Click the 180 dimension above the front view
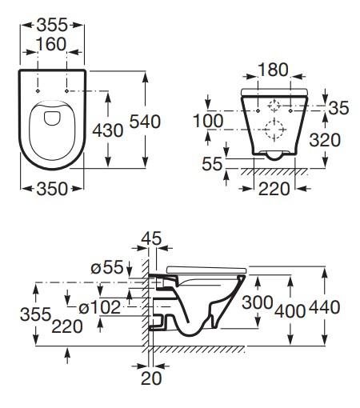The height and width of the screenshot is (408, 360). tap(274, 70)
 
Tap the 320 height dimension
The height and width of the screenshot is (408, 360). tap(326, 140)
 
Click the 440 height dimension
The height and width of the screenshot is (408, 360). tap(326, 306)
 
